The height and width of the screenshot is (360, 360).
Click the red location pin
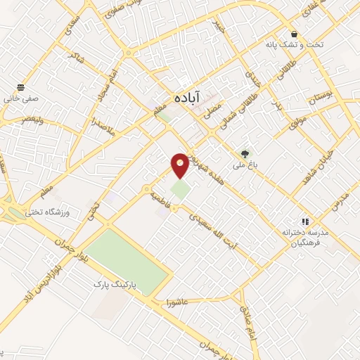[x=180, y=164]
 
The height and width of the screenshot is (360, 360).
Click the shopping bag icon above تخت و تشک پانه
[x=293, y=34]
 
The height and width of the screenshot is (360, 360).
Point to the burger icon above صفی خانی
[x=20, y=87]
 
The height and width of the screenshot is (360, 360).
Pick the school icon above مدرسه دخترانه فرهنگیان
[x=305, y=221]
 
